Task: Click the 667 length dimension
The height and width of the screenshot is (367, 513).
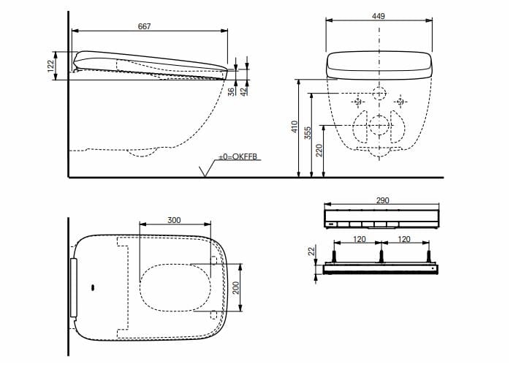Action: point(145,26)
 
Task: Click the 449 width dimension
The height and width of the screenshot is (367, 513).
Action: point(379,16)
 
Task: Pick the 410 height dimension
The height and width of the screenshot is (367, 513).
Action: point(295,127)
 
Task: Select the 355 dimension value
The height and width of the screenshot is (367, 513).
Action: point(308,133)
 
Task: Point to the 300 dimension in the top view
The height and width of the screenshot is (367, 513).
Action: point(174,219)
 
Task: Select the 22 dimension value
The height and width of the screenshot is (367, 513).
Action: point(311,251)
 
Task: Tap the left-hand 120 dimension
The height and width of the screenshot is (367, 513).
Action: point(358,238)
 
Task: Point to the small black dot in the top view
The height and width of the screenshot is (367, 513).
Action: point(92,287)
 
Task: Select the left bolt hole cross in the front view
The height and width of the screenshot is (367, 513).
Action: point(357,101)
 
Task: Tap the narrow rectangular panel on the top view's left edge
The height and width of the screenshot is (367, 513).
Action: point(73,287)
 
